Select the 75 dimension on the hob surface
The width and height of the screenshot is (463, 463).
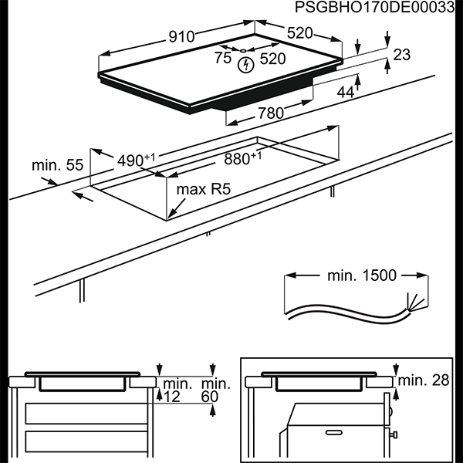pos(223,58)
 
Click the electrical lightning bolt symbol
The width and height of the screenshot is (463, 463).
pos(245,63)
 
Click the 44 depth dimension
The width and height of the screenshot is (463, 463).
pos(345,92)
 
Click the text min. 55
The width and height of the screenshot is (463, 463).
pos(57,165)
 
